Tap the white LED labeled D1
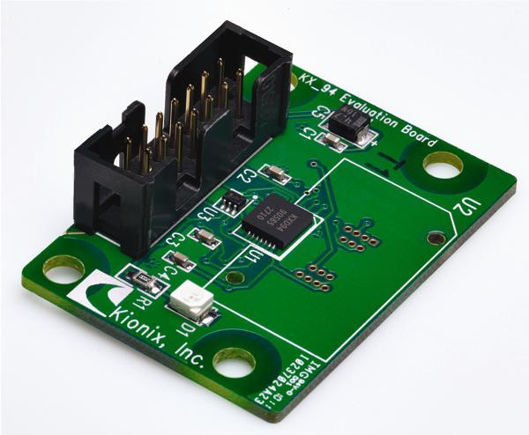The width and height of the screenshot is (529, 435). coord(190,305)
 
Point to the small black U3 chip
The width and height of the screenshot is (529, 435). coord(231,203)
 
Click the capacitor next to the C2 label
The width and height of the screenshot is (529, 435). coord(276,174)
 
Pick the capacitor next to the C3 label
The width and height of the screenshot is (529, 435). coord(205,237)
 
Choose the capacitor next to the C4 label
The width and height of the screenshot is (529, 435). coord(180,259)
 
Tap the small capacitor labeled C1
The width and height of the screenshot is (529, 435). coord(332,141)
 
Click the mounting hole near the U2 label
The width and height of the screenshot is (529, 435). coord(442,164)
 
